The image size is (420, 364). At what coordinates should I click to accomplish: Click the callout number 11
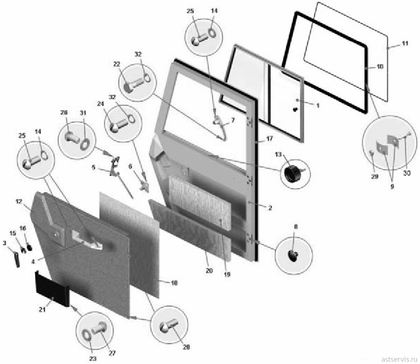point(405,43)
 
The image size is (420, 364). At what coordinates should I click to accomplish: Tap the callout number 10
point(380,66)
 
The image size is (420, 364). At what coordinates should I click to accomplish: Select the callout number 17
point(269,139)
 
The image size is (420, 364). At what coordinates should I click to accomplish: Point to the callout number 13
point(278,155)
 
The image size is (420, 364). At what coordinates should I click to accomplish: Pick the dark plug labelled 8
point(292,256)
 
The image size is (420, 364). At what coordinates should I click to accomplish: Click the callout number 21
point(42,310)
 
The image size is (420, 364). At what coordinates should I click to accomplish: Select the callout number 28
point(186,347)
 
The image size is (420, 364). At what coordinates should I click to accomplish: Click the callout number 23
point(93,359)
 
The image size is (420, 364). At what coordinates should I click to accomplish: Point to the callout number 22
point(117,64)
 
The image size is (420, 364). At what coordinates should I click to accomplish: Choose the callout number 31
point(83,113)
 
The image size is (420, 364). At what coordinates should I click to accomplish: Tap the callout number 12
point(19,201)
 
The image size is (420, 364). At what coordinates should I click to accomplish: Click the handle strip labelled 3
point(17,259)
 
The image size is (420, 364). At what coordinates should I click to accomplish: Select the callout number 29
point(374,176)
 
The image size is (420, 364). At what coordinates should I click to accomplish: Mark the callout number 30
point(406,173)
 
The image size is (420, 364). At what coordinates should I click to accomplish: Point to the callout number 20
point(209,270)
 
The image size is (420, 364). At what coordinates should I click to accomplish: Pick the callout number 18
point(174,283)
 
